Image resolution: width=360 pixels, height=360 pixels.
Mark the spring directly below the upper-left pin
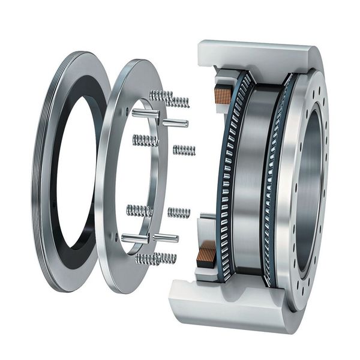(145, 141)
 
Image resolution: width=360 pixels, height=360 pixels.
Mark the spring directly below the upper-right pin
(184, 149)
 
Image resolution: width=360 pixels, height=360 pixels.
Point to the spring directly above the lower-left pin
(139, 211)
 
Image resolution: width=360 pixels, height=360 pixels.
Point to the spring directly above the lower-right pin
(179, 212)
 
